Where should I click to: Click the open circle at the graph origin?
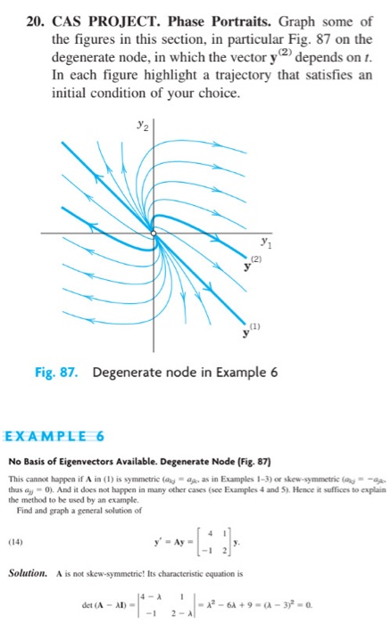[x=154, y=234]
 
